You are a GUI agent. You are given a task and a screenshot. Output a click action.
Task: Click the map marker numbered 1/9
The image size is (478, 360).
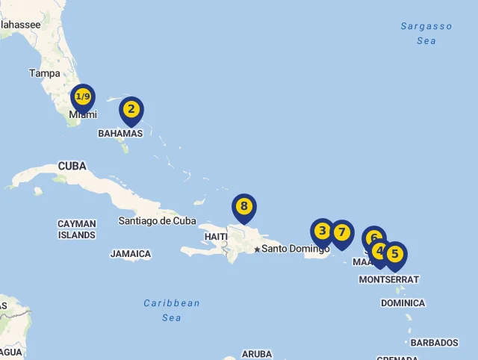(83, 98)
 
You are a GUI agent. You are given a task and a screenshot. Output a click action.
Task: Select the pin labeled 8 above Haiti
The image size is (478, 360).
(243, 207)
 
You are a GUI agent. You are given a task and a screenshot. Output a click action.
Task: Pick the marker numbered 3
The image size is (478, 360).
(323, 232)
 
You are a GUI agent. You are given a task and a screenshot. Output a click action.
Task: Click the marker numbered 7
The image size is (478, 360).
(342, 233)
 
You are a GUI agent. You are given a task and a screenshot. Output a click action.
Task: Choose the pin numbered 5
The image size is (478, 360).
(395, 255)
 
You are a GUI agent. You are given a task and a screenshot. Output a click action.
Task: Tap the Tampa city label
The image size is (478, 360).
(44, 73)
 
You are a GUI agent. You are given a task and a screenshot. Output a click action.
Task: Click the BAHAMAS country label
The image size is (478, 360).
(119, 134)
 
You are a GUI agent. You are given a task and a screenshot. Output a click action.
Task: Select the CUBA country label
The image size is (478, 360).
(72, 166)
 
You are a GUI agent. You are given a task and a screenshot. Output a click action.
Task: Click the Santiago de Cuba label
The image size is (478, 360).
(157, 221)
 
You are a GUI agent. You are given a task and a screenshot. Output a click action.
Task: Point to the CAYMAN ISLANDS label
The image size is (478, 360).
(77, 229)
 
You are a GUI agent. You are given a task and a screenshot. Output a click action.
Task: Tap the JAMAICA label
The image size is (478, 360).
(131, 254)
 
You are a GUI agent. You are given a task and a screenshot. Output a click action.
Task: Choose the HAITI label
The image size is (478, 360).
(216, 237)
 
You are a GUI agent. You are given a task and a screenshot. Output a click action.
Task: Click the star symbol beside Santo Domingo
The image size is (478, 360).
(257, 249)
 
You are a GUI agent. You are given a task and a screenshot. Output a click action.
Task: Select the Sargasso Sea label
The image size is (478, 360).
(426, 34)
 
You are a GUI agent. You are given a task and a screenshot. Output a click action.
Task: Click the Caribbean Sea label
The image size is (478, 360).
(172, 310)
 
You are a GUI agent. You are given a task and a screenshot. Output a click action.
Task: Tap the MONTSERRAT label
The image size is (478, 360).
(388, 279)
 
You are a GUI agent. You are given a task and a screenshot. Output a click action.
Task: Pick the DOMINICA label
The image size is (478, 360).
(403, 303)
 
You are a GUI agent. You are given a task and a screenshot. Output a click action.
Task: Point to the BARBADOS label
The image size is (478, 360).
(434, 343)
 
